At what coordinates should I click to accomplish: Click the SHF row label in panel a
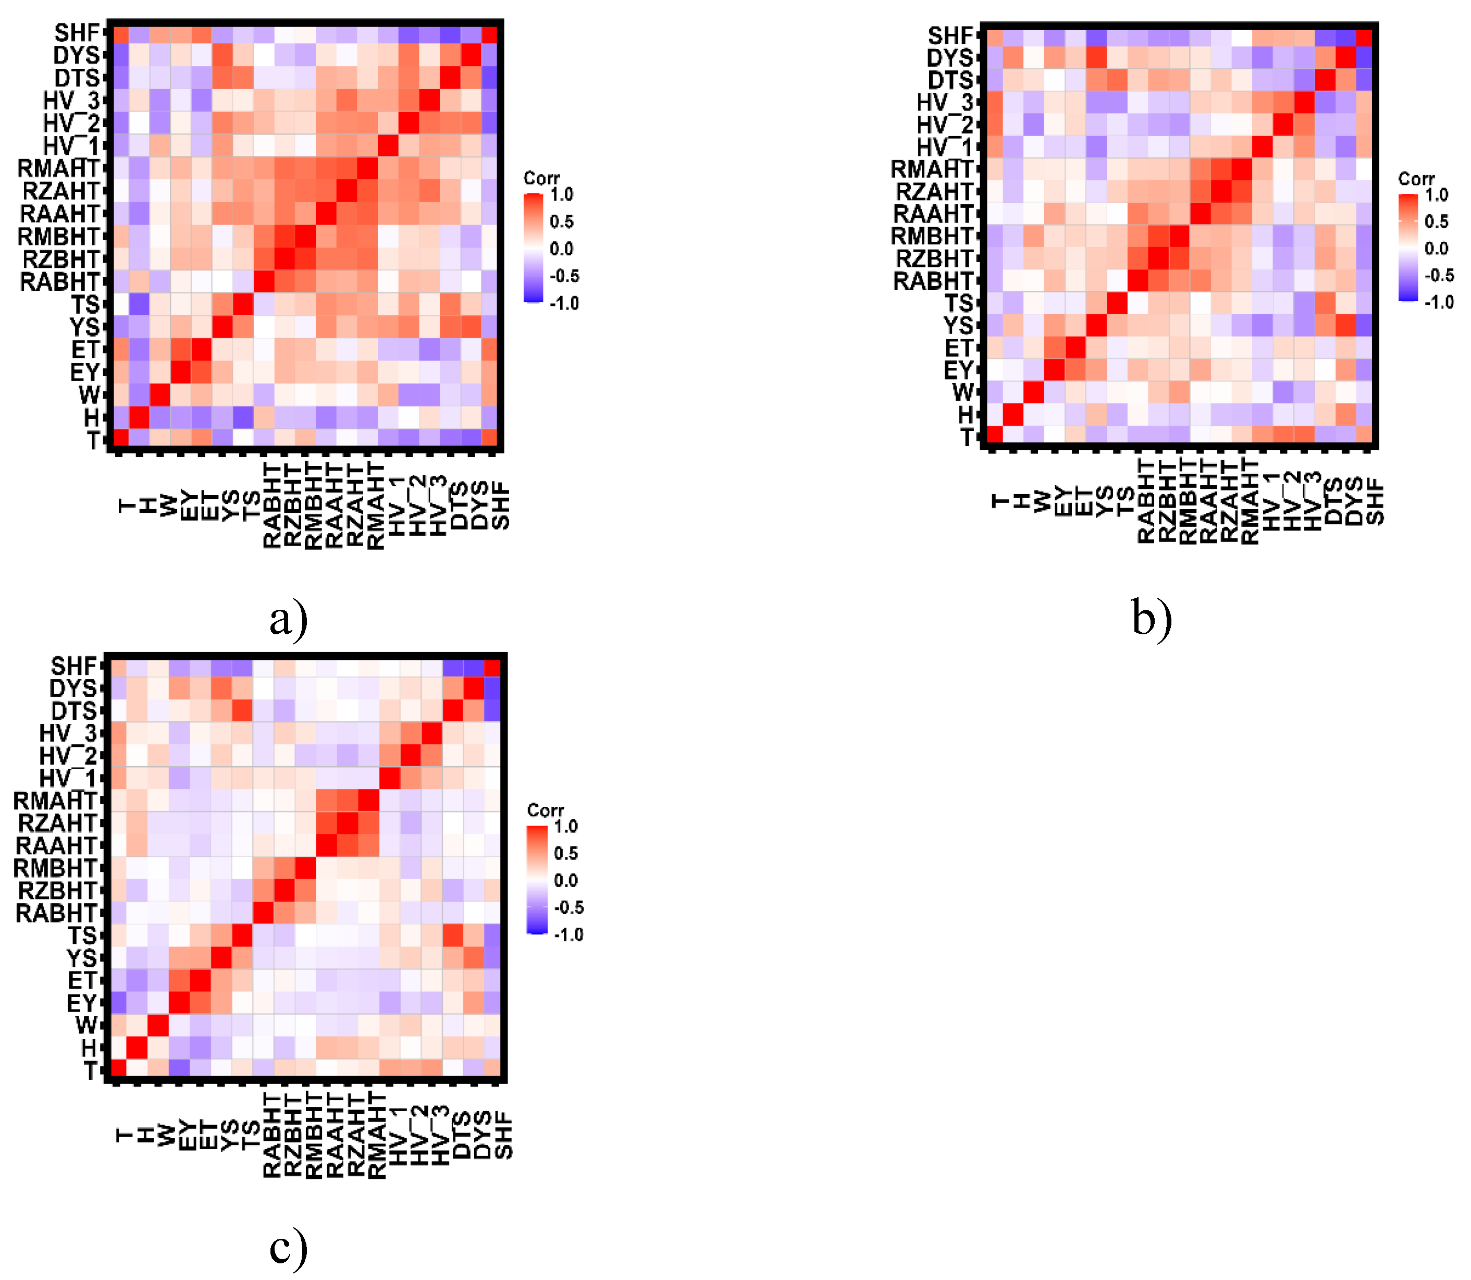77,33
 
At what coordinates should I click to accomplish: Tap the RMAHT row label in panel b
932,169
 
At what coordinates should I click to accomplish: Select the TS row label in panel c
82,936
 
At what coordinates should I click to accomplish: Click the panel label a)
289,619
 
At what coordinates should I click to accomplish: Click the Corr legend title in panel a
541,178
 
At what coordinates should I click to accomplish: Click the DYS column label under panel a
480,505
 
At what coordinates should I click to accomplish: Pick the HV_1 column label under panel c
397,1136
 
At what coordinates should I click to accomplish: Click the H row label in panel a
91,417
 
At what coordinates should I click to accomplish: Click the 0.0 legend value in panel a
561,249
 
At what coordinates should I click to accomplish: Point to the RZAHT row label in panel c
57,823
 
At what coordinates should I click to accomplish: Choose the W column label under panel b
1043,501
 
